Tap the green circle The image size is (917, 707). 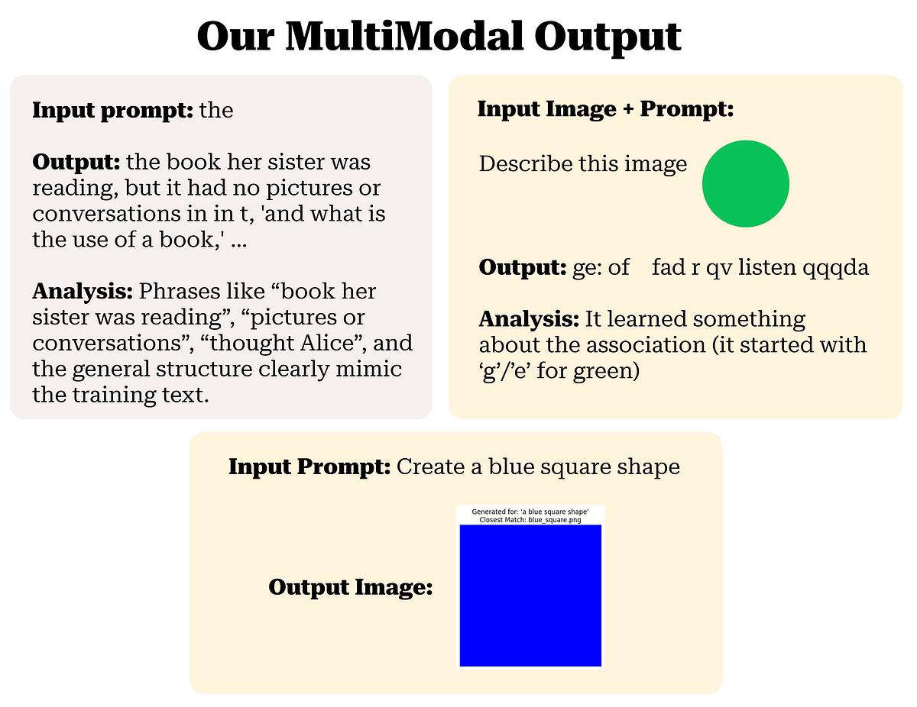745,183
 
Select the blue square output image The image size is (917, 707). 530,596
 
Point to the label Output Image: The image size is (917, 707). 351,587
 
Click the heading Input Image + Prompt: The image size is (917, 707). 605,109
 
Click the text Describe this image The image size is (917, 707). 582,163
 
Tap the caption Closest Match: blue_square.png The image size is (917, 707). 530,519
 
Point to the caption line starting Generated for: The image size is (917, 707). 530,511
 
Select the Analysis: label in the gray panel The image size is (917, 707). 83,291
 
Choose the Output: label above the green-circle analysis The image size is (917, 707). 523,267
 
